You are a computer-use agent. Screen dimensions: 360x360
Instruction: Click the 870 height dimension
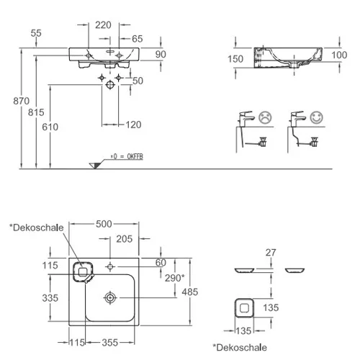21,101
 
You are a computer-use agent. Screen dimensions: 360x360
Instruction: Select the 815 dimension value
36,112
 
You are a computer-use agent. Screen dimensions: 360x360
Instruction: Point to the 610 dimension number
50,127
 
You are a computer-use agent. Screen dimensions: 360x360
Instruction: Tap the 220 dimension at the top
103,25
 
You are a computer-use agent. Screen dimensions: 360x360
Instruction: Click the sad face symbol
265,117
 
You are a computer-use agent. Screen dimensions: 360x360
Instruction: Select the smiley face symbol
317,117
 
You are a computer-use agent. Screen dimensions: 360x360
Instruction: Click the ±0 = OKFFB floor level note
127,156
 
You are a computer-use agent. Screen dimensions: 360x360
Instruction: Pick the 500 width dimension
104,224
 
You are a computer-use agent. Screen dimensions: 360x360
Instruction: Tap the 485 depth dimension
190,292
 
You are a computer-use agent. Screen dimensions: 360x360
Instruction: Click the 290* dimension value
175,278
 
